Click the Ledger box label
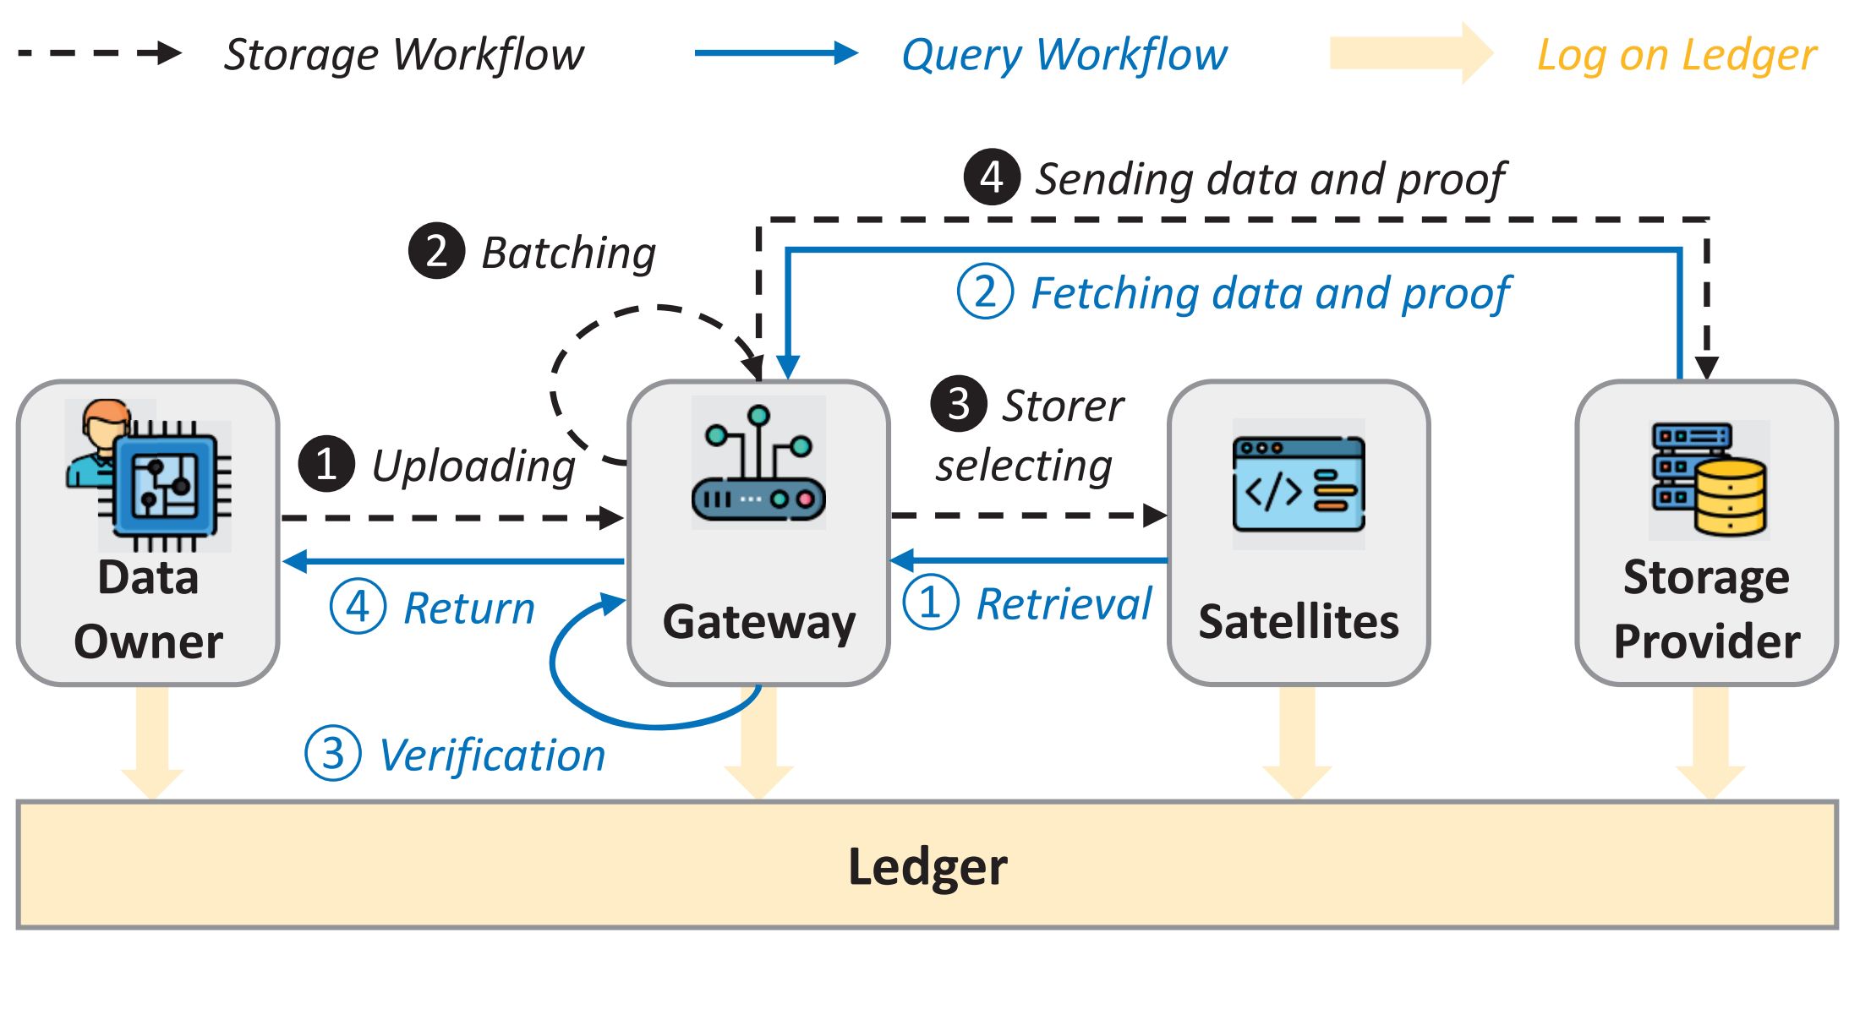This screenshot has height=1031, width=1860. point(927,867)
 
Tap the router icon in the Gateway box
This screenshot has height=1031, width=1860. point(758,465)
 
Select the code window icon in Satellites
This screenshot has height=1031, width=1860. point(1299,484)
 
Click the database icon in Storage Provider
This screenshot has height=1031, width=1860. point(1709,480)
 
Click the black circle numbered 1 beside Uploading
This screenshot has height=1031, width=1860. point(326,464)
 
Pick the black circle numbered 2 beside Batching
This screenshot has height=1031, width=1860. point(436,251)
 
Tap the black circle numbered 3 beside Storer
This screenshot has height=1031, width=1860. point(958,404)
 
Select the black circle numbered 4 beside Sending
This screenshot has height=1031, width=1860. point(992,177)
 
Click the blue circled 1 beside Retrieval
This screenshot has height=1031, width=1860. point(930,603)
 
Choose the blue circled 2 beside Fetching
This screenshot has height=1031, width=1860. point(985,292)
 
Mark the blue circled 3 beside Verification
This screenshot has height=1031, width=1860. point(333,753)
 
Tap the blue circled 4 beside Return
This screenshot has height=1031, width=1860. point(358,607)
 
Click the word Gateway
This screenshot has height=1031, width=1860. point(758,623)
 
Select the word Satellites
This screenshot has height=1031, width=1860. point(1299,623)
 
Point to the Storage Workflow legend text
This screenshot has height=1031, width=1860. point(403,55)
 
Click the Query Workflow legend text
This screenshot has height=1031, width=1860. point(1064,55)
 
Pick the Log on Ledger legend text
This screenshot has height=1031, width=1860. point(1676,55)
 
